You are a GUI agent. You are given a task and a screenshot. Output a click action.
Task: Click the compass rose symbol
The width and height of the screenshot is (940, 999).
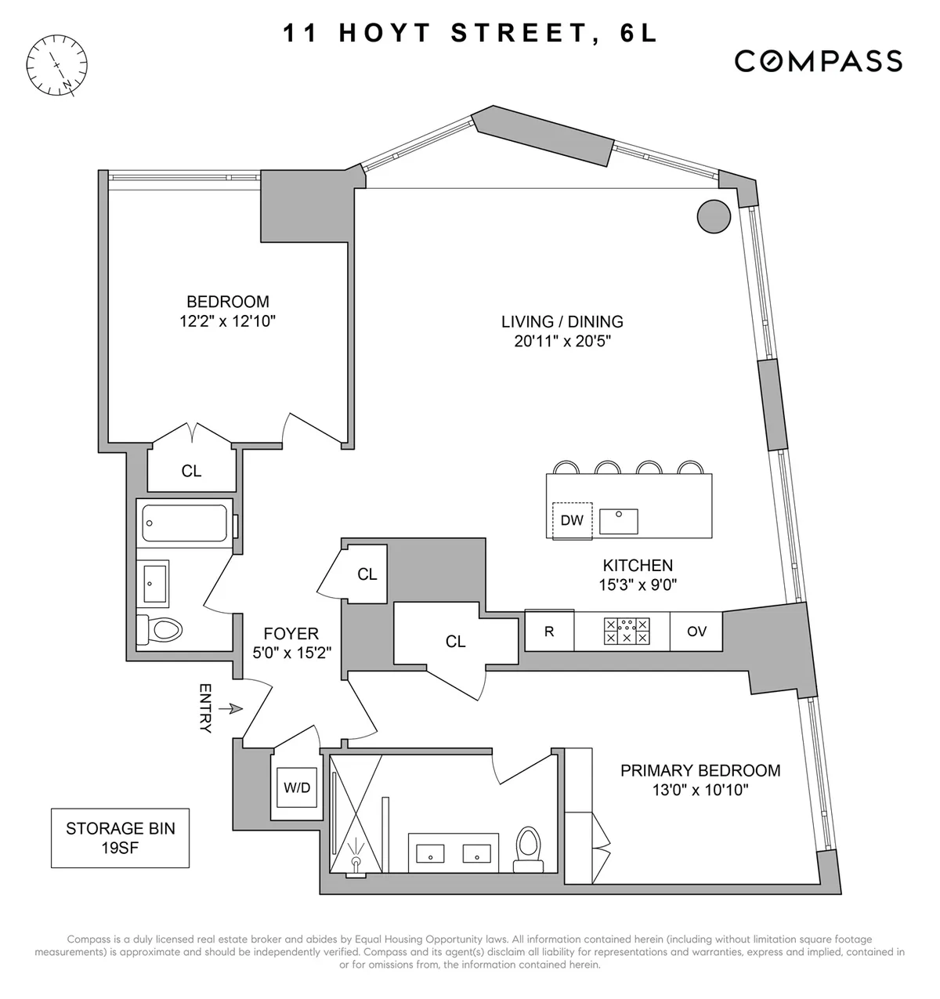click(x=57, y=65)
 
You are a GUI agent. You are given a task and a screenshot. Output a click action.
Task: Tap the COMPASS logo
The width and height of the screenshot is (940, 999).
click(x=818, y=61)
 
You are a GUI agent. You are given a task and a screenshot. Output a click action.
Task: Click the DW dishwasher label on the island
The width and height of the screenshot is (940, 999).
click(x=572, y=520)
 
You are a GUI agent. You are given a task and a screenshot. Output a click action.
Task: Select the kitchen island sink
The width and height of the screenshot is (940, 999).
click(x=619, y=521)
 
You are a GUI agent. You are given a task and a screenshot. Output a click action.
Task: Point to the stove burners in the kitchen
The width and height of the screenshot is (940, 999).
click(x=627, y=631)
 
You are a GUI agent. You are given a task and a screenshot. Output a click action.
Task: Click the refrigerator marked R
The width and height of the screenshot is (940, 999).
click(x=548, y=631)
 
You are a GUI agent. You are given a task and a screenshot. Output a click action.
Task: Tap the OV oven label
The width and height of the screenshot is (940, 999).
click(x=696, y=631)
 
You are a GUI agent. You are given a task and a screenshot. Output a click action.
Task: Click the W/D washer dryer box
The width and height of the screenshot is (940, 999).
click(x=297, y=787)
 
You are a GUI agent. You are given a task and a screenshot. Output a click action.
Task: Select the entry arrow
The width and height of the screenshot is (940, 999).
click(x=230, y=708)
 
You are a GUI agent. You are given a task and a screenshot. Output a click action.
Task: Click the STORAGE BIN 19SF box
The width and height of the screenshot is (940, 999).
click(x=120, y=838)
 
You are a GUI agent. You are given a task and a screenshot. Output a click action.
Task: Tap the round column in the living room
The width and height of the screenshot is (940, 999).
click(x=714, y=215)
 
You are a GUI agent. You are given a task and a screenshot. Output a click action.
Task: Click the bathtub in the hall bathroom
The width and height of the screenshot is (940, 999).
click(x=185, y=523)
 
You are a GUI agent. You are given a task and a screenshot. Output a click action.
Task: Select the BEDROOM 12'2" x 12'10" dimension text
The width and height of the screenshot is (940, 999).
click(x=227, y=320)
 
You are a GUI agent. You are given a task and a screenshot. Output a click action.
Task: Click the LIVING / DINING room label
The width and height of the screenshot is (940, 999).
click(x=562, y=321)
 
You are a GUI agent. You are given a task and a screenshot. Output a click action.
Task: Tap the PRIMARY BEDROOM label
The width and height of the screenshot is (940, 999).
click(x=700, y=770)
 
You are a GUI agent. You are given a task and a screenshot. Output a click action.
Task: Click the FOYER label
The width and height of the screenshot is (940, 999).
click(x=291, y=634)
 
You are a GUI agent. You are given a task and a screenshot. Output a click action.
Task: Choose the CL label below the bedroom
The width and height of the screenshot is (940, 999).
click(x=191, y=471)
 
